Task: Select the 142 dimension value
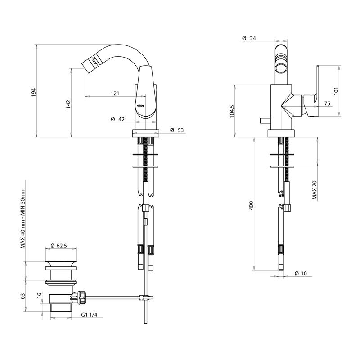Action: click(x=68, y=103)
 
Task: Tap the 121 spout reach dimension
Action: click(x=115, y=94)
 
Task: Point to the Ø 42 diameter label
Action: click(x=118, y=119)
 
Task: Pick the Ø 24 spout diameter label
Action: click(x=249, y=39)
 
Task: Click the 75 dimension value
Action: click(x=327, y=103)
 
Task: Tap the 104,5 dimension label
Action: click(x=232, y=111)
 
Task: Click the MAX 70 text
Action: click(x=315, y=189)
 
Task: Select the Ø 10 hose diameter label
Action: click(x=301, y=273)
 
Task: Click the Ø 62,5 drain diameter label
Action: click(x=59, y=246)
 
